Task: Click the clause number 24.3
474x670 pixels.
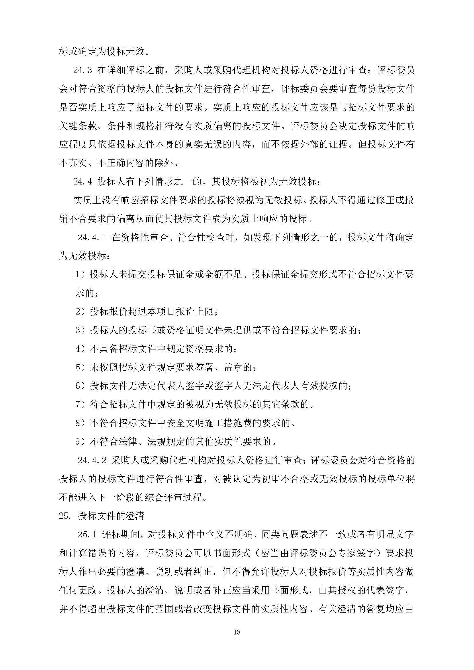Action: [x=83, y=71]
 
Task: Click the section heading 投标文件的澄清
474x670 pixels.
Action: [x=111, y=516]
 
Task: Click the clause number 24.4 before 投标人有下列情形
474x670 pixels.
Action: [x=83, y=182]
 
